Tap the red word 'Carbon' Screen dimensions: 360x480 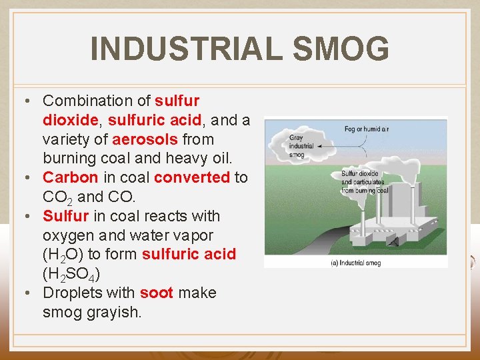71,178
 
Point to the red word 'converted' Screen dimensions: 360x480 192,178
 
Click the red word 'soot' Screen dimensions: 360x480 157,293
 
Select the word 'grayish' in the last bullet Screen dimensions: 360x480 113,312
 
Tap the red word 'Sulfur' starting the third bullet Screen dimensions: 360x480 65,216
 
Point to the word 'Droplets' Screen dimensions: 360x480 69,293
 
